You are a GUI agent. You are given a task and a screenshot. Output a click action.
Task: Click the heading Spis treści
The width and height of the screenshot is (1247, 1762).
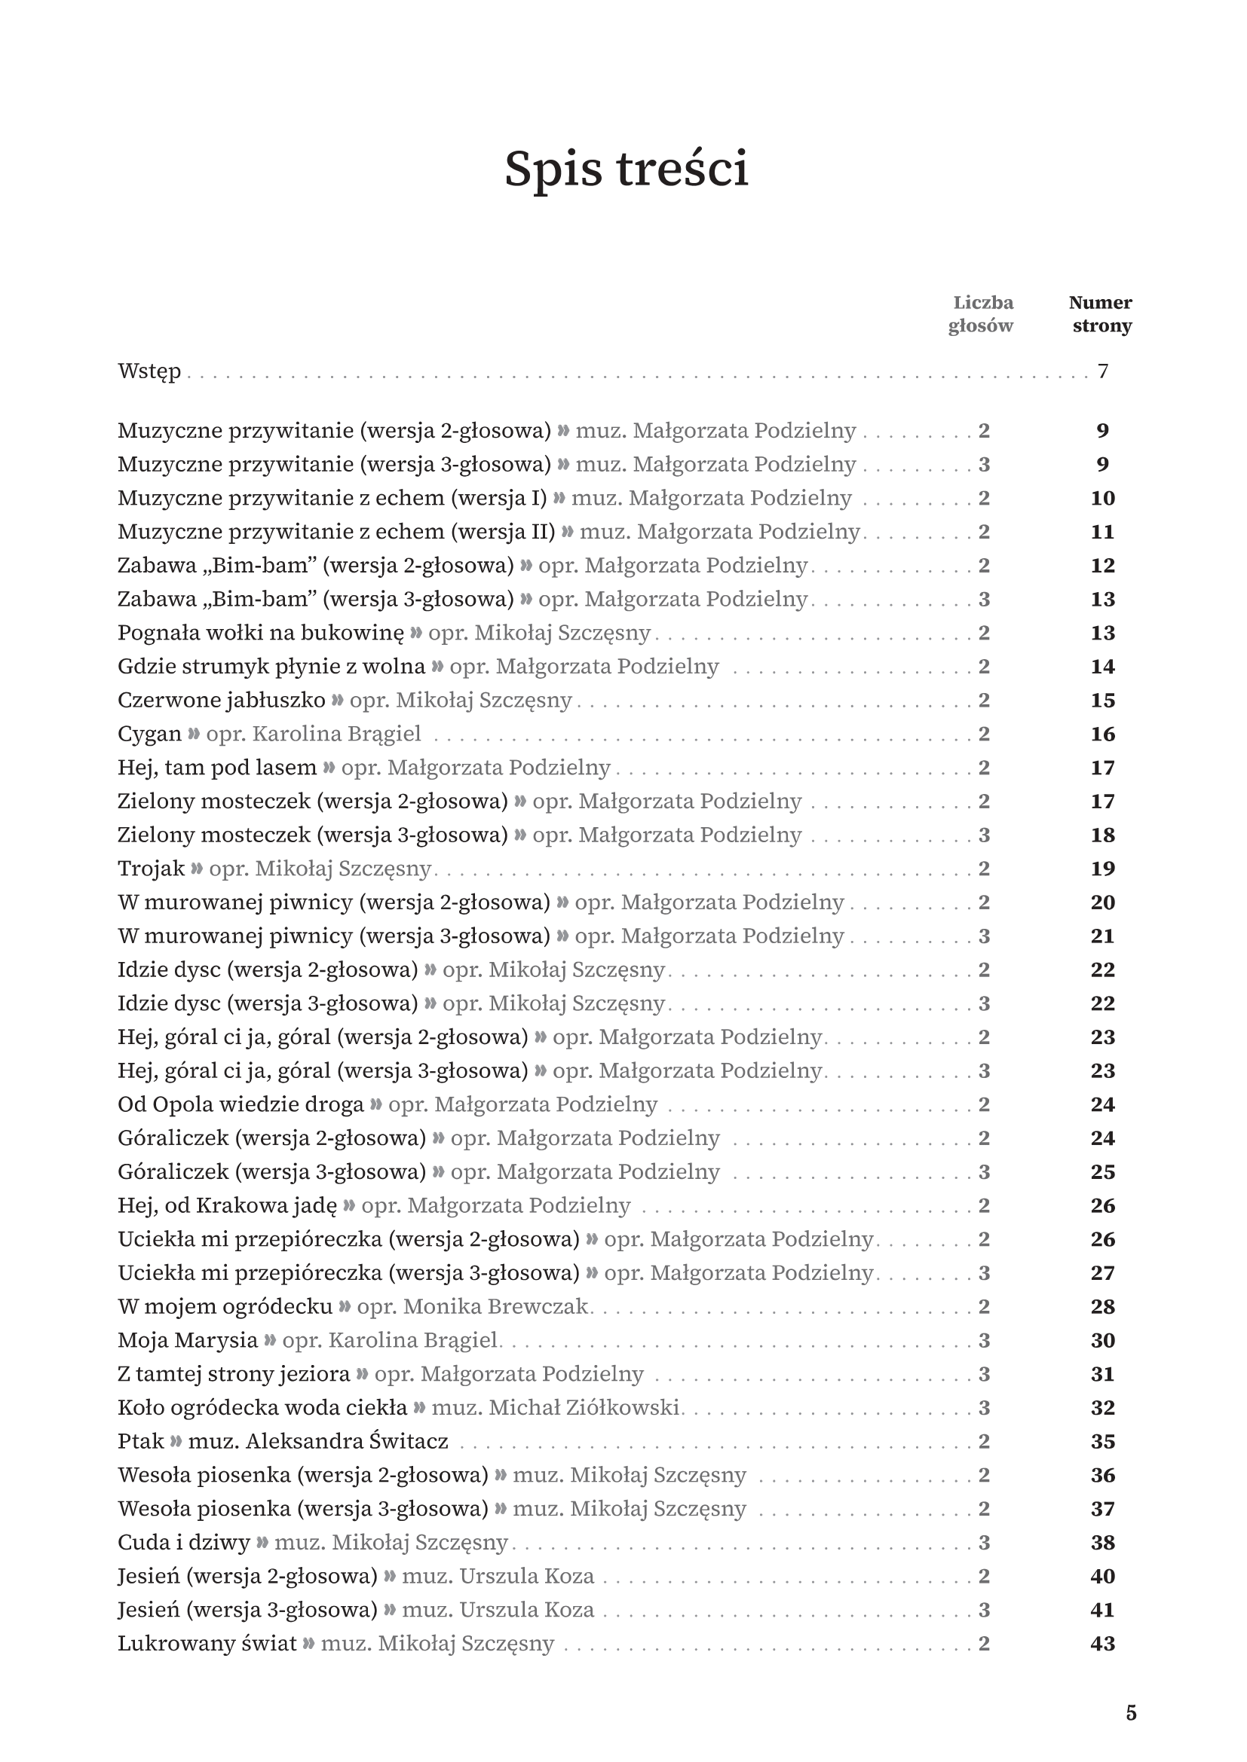coord(626,169)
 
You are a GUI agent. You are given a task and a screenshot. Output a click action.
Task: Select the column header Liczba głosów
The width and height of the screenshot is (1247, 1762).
coord(981,314)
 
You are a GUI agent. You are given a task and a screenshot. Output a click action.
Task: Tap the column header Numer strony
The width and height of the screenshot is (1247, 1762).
coord(1101,314)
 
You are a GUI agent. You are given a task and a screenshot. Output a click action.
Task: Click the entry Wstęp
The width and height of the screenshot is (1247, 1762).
coord(150,371)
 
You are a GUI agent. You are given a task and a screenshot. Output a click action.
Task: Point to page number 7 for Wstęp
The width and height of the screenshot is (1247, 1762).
coord(1103,371)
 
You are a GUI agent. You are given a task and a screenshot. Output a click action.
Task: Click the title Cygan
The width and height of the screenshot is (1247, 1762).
coord(150,734)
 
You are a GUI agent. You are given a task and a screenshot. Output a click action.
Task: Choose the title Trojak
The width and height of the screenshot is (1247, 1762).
coord(152,869)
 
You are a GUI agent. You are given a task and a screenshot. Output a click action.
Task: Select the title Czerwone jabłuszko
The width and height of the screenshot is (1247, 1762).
coord(221,701)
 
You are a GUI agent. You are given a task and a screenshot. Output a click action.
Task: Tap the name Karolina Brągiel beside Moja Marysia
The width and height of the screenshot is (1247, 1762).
coord(413,1341)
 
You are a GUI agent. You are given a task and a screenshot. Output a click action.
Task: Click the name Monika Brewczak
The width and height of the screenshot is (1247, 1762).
coord(495,1307)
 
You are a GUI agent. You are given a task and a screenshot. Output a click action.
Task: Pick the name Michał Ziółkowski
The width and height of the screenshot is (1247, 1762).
coord(584,1408)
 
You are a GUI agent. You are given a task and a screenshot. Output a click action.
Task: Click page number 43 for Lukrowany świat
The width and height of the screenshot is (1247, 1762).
coord(1103,1644)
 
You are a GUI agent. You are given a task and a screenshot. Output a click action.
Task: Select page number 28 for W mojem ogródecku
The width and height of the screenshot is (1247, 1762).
coord(1103,1307)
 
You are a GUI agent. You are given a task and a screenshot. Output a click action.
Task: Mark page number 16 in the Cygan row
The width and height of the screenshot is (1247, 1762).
coord(1103,734)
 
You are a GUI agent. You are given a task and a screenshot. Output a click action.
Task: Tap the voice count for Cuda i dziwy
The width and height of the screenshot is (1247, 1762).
coord(985,1543)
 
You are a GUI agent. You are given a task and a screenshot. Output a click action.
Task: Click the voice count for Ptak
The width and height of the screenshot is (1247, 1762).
coord(985,1442)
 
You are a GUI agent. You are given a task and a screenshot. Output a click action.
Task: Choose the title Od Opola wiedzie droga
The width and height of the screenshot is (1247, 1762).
coord(241,1105)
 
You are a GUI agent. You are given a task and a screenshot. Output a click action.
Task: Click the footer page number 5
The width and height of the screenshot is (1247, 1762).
coord(1130,1714)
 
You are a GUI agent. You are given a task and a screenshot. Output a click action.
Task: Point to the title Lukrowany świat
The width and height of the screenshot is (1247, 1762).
coord(207,1644)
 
